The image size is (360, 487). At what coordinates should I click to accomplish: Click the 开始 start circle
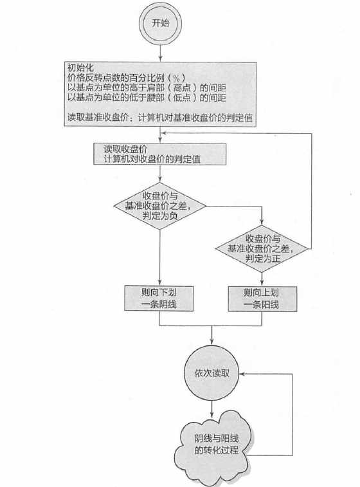click(161, 24)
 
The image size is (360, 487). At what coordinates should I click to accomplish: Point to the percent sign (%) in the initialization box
click(177, 78)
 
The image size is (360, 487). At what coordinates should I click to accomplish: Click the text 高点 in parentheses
click(185, 87)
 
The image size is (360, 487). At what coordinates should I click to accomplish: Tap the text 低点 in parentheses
click(185, 98)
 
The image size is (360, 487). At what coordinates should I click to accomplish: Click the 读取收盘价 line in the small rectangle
click(125, 149)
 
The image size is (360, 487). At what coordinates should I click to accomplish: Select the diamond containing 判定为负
click(160, 205)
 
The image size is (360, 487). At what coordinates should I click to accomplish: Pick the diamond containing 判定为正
click(262, 248)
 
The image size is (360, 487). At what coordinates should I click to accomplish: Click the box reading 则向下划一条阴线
click(159, 299)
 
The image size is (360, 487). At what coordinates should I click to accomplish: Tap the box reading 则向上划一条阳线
click(262, 299)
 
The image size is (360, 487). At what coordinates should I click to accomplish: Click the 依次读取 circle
click(212, 373)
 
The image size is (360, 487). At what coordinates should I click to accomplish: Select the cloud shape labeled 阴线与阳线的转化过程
click(217, 446)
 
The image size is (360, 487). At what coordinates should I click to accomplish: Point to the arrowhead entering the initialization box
click(161, 59)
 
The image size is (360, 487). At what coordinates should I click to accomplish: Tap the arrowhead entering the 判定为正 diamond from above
click(262, 222)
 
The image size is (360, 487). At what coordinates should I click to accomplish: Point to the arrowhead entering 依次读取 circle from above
click(212, 342)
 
